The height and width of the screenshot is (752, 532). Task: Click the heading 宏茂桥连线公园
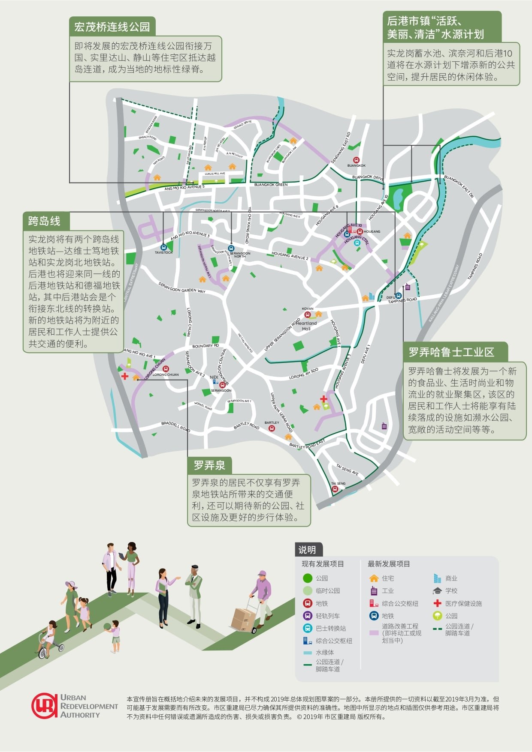click(112, 27)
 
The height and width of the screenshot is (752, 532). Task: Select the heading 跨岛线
click(44, 221)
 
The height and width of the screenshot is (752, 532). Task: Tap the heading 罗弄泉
click(209, 465)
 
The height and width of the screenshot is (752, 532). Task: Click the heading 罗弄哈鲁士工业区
click(451, 352)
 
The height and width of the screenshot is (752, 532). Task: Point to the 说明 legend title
click(307, 550)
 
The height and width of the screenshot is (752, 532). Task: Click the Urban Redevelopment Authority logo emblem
click(44, 706)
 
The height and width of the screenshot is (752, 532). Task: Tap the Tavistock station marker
click(163, 247)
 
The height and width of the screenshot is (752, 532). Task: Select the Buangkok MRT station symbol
click(356, 160)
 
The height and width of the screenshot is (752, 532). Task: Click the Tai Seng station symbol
click(335, 489)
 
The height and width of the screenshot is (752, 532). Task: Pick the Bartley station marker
click(272, 428)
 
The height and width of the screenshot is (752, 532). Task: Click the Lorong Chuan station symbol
click(166, 369)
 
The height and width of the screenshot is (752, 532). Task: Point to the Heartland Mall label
click(306, 326)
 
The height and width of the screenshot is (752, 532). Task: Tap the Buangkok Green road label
click(271, 185)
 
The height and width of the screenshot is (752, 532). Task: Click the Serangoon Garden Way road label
click(182, 288)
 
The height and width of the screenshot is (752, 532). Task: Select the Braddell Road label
click(175, 426)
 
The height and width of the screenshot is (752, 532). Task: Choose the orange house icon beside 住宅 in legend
click(374, 578)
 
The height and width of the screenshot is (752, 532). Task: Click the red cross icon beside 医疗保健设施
click(437, 603)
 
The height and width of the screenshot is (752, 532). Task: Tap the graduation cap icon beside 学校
click(437, 590)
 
